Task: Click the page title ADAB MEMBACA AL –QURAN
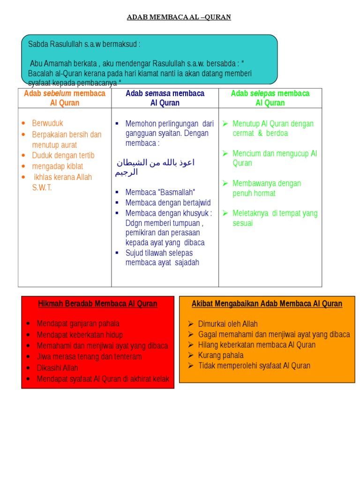coord(179,17)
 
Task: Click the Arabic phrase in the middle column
coord(155,167)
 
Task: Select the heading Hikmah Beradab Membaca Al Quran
coord(97,304)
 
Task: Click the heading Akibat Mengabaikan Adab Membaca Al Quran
coord(267,304)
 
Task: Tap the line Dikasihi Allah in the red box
coord(57,368)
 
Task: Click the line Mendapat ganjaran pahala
coord(78,323)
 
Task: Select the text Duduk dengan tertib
coord(63,156)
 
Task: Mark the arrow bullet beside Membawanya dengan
coord(225,183)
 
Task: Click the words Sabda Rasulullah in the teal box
coord(55,45)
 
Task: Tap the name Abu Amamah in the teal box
coord(49,63)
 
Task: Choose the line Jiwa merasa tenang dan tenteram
coord(89,357)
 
